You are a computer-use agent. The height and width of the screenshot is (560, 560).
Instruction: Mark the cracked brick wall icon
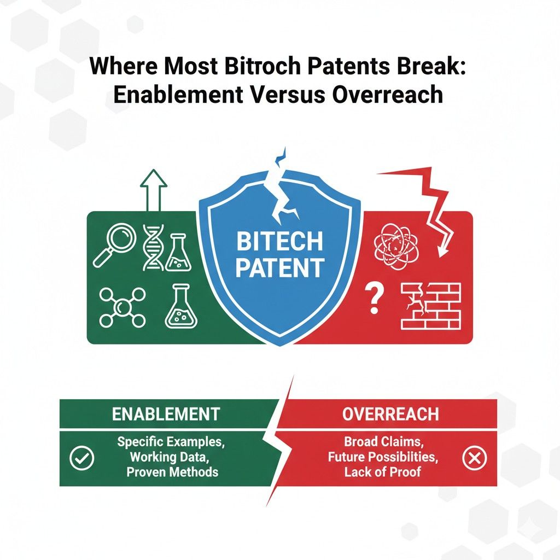[431, 306]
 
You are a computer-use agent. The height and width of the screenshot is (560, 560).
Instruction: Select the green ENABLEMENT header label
[166, 414]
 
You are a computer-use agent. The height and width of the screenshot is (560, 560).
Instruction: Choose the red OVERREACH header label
[390, 414]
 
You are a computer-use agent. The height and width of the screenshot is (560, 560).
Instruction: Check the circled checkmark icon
[83, 458]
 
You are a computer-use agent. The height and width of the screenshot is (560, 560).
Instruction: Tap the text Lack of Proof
[383, 471]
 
